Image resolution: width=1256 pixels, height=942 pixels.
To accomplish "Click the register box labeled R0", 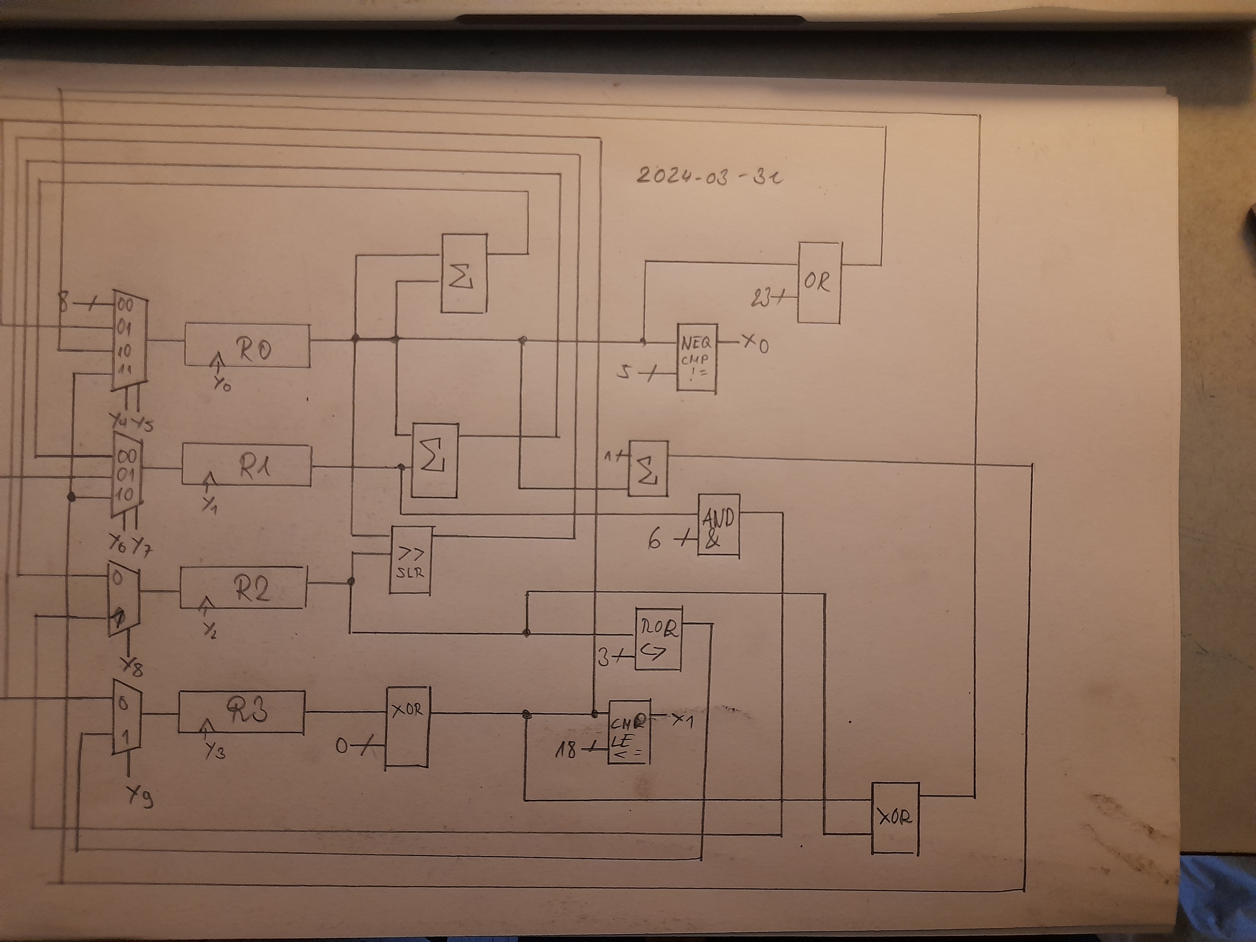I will point(247,345).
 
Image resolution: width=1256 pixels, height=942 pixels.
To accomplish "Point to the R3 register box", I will point(242,712).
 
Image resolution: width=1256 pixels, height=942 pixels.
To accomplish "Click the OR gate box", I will point(819,282).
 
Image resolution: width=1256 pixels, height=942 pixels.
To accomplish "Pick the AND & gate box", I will point(718,525).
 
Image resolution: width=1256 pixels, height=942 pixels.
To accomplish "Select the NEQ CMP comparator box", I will point(697,358).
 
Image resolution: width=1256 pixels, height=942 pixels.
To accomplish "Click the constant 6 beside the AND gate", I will point(655,540).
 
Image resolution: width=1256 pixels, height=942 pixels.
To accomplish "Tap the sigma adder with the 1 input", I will point(647,468).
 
